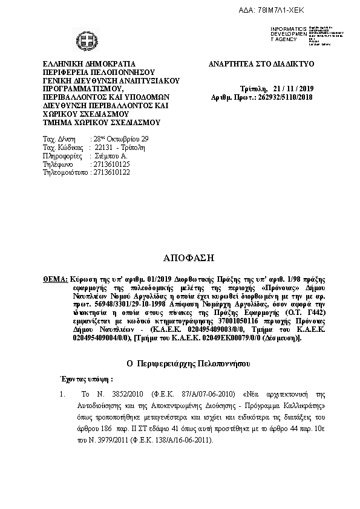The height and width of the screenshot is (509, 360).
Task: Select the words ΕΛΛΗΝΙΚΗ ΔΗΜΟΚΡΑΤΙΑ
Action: point(89,64)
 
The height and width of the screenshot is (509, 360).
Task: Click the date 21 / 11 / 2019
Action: point(294,88)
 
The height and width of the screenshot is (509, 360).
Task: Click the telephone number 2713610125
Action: point(110,164)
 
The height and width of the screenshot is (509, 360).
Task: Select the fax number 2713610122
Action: point(110,172)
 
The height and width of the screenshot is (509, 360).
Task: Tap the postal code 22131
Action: point(100,148)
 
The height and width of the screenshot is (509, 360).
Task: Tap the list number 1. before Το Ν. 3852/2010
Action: point(62,394)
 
